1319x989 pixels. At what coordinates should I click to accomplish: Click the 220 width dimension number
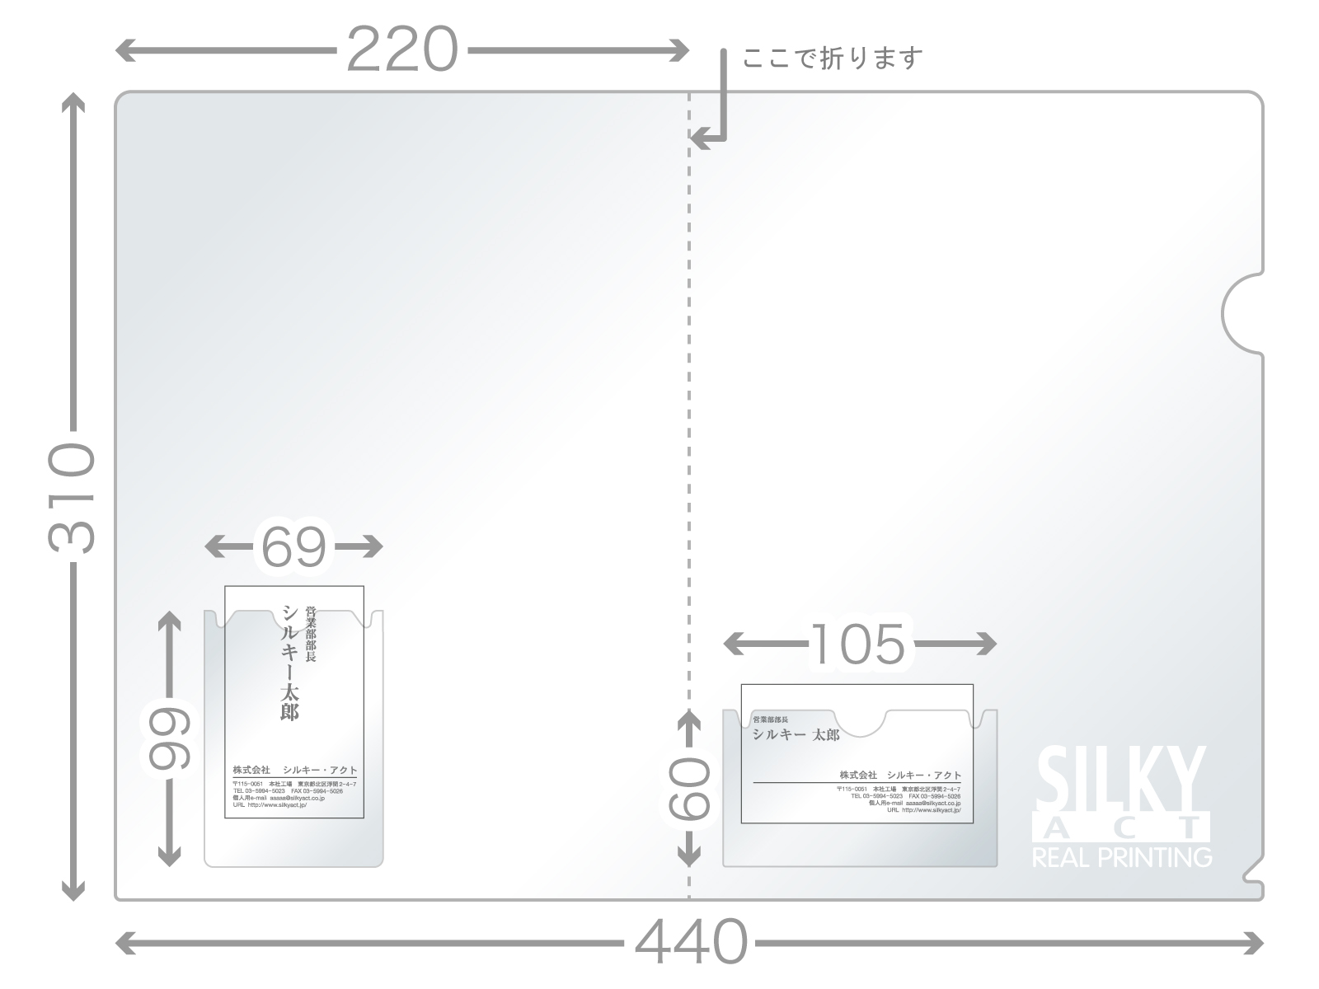(x=401, y=50)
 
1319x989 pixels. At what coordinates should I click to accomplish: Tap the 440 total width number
(x=691, y=942)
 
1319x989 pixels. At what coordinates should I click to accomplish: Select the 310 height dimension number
(x=73, y=497)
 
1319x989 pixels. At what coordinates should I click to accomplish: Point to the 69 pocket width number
(x=293, y=546)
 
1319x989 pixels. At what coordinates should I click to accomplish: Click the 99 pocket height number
(x=170, y=738)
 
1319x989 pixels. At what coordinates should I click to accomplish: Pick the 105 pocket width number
(x=858, y=644)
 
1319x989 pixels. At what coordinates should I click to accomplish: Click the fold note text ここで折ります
(x=833, y=59)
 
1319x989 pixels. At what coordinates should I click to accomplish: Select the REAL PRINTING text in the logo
(x=1122, y=858)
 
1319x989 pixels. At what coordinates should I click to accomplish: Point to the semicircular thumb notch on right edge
(x=1241, y=314)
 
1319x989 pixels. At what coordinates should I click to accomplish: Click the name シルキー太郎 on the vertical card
(x=290, y=663)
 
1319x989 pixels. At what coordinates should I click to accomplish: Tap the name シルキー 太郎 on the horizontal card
(x=796, y=735)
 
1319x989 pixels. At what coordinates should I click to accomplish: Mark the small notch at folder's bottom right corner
(x=1253, y=869)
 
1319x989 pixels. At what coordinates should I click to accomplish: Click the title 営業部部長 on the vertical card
(x=311, y=635)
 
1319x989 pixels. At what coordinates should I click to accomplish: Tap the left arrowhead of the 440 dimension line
(x=124, y=942)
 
